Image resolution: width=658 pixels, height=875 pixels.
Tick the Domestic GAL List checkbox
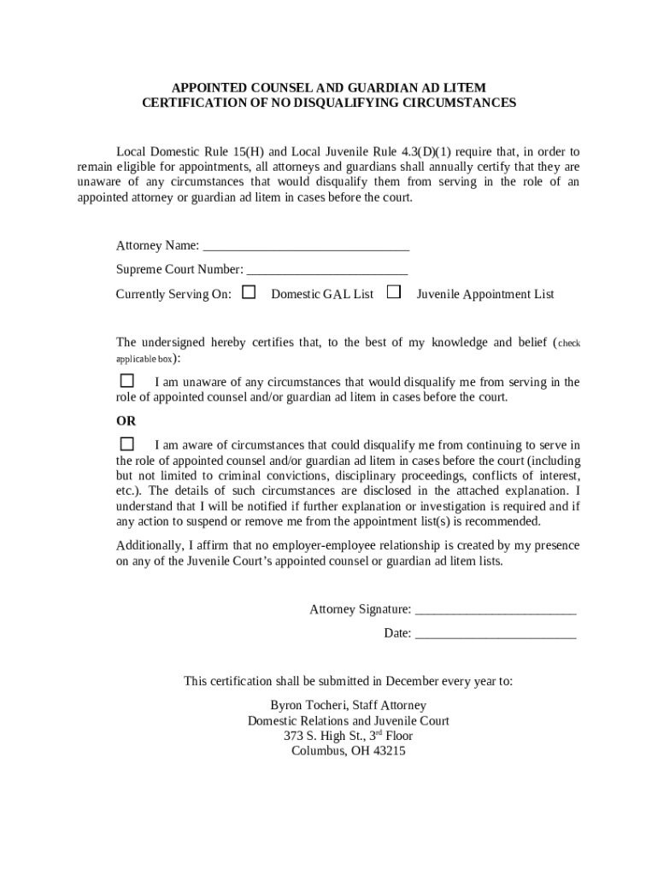click(x=249, y=292)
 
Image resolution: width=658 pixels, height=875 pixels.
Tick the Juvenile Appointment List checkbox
click(x=394, y=292)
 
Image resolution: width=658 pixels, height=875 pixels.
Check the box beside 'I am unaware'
click(x=127, y=380)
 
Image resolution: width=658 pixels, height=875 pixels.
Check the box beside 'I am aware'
click(x=127, y=443)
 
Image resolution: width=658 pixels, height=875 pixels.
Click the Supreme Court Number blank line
click(x=326, y=270)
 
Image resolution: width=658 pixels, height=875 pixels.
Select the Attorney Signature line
click(x=495, y=610)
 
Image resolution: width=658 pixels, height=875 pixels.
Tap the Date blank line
click(x=495, y=634)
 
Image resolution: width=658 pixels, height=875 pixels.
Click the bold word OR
click(x=126, y=421)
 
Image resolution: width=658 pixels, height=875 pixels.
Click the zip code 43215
click(x=390, y=752)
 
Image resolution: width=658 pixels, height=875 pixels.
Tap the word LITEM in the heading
click(x=465, y=88)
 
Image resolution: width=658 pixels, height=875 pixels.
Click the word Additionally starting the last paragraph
click(x=149, y=546)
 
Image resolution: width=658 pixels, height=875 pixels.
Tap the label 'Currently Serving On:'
click(x=173, y=295)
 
